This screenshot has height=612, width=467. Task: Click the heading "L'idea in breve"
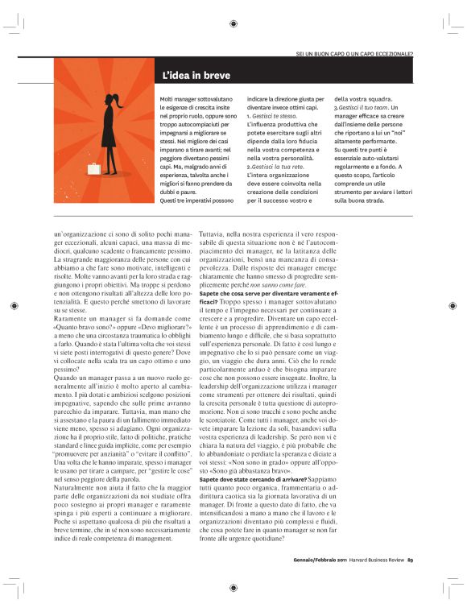(x=196, y=76)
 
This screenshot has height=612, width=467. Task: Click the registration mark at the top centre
(x=233, y=24)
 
